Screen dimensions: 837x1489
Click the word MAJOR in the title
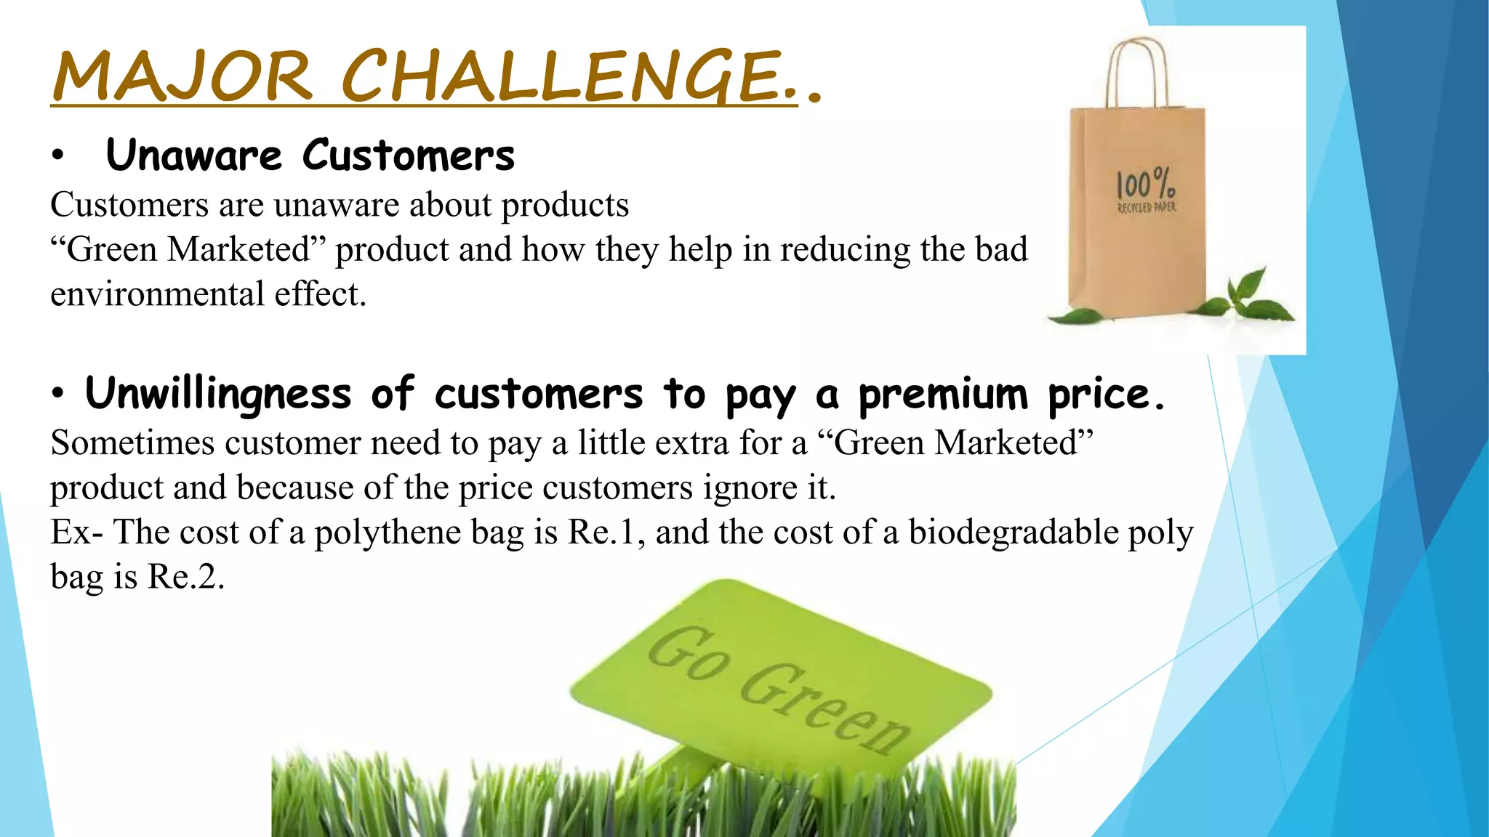(x=182, y=76)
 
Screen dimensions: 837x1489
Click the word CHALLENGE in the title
(x=560, y=76)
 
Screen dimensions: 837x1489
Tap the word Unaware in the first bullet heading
(x=193, y=155)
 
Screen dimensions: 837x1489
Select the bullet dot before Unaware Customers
(x=58, y=156)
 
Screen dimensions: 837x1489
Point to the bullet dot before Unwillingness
(x=58, y=395)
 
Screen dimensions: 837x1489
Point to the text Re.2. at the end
(x=186, y=577)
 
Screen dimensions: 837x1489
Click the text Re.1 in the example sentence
(x=601, y=533)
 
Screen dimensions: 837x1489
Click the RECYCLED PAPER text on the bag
(x=1147, y=208)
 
